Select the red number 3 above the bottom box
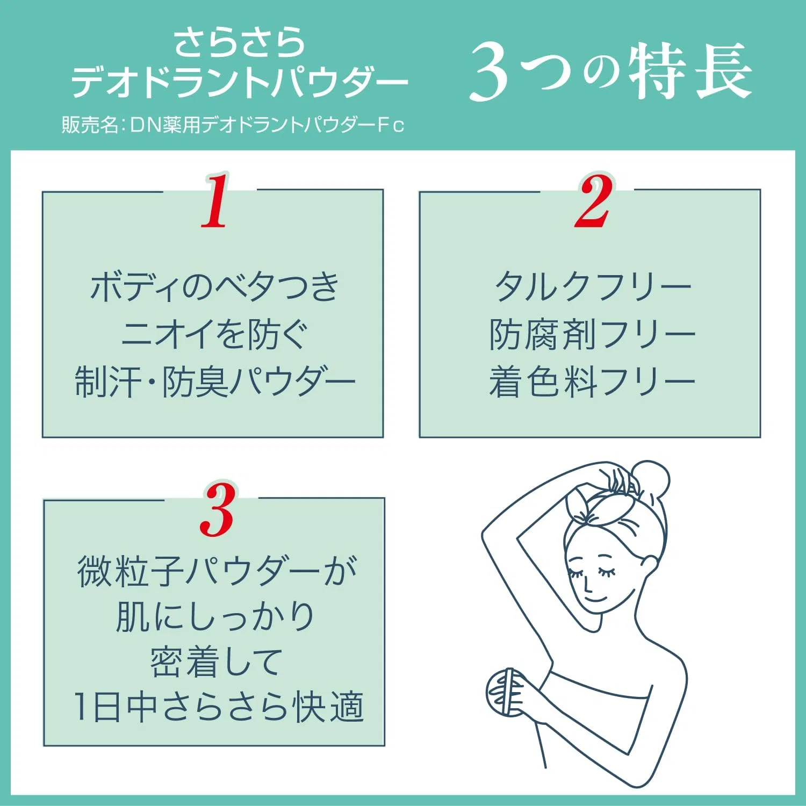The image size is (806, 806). pyautogui.click(x=217, y=510)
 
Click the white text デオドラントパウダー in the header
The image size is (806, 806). pyautogui.click(x=240, y=82)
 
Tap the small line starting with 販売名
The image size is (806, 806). pyautogui.click(x=233, y=125)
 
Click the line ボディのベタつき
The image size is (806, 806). pyautogui.click(x=214, y=286)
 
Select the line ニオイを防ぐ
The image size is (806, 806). pyautogui.click(x=214, y=334)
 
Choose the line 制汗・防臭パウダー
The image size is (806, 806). pyautogui.click(x=214, y=382)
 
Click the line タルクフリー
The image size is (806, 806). pyautogui.click(x=593, y=286)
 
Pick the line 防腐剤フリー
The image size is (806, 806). pyautogui.click(x=592, y=334)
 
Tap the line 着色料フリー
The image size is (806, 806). pyautogui.click(x=592, y=382)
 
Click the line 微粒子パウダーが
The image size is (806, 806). pyautogui.click(x=217, y=571)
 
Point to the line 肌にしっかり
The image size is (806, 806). pyautogui.click(x=215, y=616)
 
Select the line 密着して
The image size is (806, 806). pyautogui.click(x=216, y=662)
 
